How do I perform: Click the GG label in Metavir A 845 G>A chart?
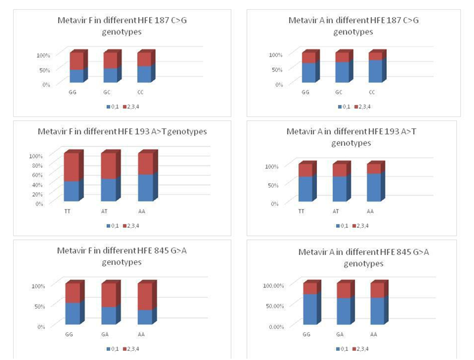306,334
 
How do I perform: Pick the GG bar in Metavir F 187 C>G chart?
77,67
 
